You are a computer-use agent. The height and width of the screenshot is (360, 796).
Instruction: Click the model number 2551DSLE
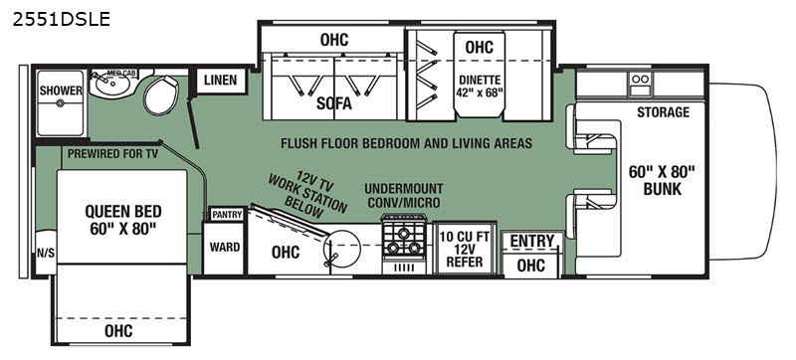tap(61, 19)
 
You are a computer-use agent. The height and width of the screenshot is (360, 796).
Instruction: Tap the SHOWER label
tap(61, 90)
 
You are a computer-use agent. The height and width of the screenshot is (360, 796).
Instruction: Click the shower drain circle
tap(61, 103)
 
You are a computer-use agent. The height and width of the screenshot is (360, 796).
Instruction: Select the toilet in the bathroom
tap(161, 94)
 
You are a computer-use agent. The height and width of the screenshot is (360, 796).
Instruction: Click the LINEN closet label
tap(220, 81)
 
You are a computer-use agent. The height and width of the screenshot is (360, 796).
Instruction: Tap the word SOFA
tap(334, 103)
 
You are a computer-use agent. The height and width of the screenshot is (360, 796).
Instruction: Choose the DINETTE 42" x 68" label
tap(480, 86)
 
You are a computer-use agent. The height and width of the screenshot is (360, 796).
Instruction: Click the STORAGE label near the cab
tap(663, 112)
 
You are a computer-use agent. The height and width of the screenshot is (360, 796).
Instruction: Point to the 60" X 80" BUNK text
tap(662, 180)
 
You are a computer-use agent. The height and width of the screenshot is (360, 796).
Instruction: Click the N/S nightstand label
tap(46, 254)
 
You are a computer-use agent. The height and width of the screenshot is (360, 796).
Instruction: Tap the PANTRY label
tap(227, 215)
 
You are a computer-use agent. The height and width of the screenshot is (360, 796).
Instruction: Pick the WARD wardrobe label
tap(225, 248)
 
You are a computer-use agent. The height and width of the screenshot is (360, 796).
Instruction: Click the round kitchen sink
tap(341, 249)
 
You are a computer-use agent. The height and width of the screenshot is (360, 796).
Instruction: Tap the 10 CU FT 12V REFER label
tap(465, 250)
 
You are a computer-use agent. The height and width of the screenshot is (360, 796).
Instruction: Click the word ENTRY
tap(532, 242)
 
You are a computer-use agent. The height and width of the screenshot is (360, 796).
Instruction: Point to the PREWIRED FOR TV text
tap(112, 153)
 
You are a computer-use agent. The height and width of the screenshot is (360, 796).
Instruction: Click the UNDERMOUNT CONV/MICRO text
tap(404, 196)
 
